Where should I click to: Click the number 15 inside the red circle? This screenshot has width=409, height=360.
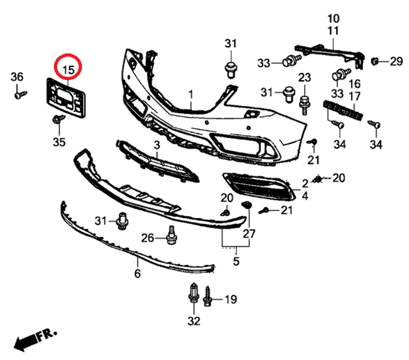(x=68, y=66)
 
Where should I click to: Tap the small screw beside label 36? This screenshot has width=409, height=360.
(x=20, y=93)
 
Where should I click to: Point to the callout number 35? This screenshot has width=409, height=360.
(x=59, y=141)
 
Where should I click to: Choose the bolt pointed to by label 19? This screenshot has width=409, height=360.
(x=208, y=297)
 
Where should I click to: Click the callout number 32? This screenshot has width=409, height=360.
(x=194, y=320)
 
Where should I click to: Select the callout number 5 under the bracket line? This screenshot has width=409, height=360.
(x=236, y=261)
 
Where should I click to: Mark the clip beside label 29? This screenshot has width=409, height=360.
(x=376, y=61)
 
